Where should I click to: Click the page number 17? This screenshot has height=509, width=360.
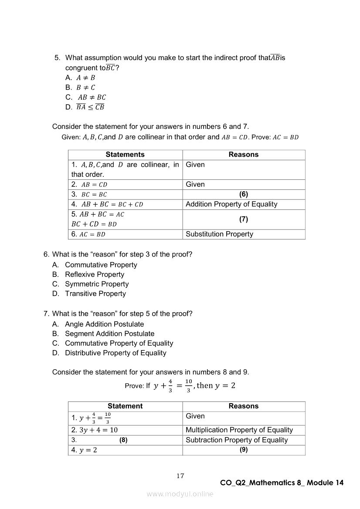[x=180, y=476]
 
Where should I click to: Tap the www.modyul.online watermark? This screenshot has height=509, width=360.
[x=180, y=494]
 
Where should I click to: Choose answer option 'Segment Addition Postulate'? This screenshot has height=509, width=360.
[x=109, y=334]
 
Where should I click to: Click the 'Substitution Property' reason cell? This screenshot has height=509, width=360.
[x=219, y=234]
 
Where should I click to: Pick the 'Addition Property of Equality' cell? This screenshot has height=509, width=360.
[x=231, y=204]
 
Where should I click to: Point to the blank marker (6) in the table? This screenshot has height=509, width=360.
[x=244, y=195]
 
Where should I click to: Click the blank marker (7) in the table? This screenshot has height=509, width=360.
[x=244, y=219]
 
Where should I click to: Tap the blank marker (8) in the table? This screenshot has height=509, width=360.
[x=123, y=440]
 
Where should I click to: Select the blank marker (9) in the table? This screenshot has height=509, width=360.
[x=244, y=450]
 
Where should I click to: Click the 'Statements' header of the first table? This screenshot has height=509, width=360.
[x=125, y=155]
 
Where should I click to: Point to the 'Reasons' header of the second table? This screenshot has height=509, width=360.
[x=244, y=406]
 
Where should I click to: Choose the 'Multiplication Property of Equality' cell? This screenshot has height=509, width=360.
[x=239, y=430]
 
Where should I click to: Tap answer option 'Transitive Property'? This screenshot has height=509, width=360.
[x=95, y=293]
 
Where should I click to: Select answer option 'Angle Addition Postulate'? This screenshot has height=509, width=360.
[x=104, y=324]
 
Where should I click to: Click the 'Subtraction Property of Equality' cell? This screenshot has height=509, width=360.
[x=237, y=440]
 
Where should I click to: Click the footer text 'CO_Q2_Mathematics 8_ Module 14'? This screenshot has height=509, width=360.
[x=282, y=483]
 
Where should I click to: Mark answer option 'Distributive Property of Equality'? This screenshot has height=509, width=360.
[x=115, y=353]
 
